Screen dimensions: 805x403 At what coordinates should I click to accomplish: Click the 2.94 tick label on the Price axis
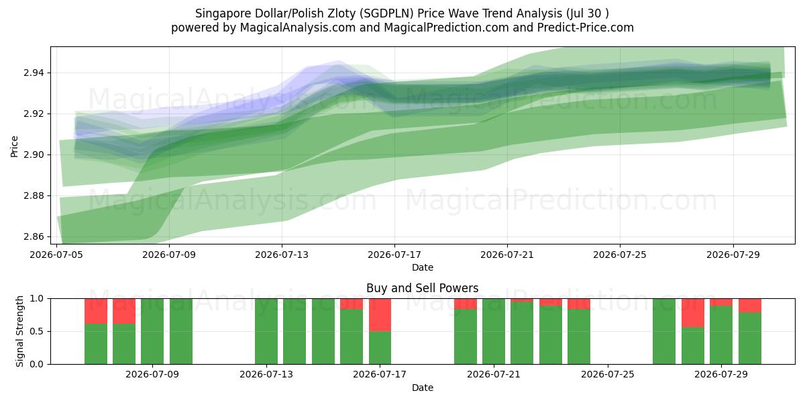tap(33, 73)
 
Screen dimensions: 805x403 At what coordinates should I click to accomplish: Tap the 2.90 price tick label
tap(33, 155)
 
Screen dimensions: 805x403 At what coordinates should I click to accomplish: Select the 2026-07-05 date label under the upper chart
tap(56, 255)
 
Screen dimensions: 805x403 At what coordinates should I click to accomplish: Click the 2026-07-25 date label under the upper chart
tap(620, 255)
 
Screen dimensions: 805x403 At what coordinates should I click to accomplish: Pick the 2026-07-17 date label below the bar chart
tap(380, 374)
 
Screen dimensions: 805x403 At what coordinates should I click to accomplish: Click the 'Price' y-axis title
tap(14, 146)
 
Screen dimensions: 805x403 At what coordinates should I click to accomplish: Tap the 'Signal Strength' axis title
tap(19, 331)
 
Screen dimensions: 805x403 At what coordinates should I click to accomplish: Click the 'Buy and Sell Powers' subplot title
tap(422, 288)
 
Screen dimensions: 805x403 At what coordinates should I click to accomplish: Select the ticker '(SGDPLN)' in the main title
tap(388, 13)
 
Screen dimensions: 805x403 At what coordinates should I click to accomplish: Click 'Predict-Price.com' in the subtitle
tap(586, 28)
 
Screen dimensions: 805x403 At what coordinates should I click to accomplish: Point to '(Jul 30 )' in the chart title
tap(588, 13)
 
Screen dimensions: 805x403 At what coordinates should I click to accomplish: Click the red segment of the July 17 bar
tap(380, 315)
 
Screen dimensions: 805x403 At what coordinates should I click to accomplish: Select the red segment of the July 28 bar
tap(693, 313)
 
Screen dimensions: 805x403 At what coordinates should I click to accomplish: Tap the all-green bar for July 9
tap(181, 331)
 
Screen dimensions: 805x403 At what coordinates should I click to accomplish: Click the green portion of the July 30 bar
tap(750, 339)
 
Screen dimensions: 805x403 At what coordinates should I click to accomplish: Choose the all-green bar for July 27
tap(664, 331)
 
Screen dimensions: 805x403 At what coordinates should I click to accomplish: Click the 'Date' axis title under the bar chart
tap(422, 388)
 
